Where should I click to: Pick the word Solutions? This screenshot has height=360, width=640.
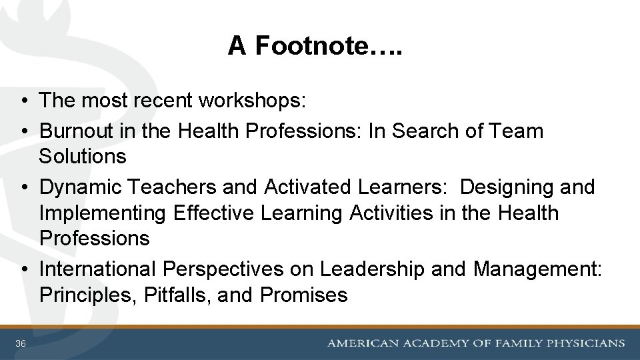coord(83,157)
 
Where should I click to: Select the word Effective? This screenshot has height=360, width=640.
coord(212,213)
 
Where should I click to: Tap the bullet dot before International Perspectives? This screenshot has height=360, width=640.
coord(23,269)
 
